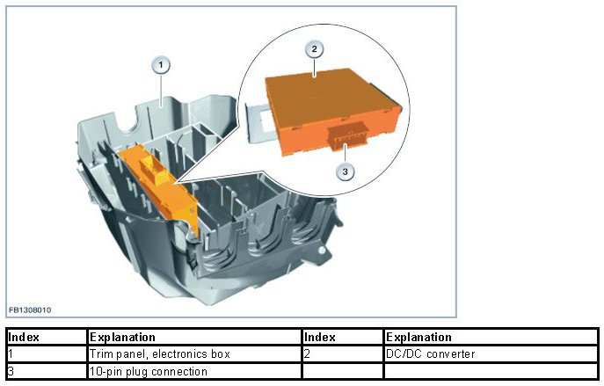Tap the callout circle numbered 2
coord(315,49)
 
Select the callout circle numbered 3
coord(346,171)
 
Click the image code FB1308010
coord(31,310)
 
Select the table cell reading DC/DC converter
coord(431,353)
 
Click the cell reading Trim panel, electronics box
coord(159,353)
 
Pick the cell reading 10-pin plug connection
coord(149,371)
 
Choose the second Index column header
coord(319,337)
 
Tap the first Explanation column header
coord(123,337)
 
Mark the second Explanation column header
coord(418,337)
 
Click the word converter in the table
coord(449,353)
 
